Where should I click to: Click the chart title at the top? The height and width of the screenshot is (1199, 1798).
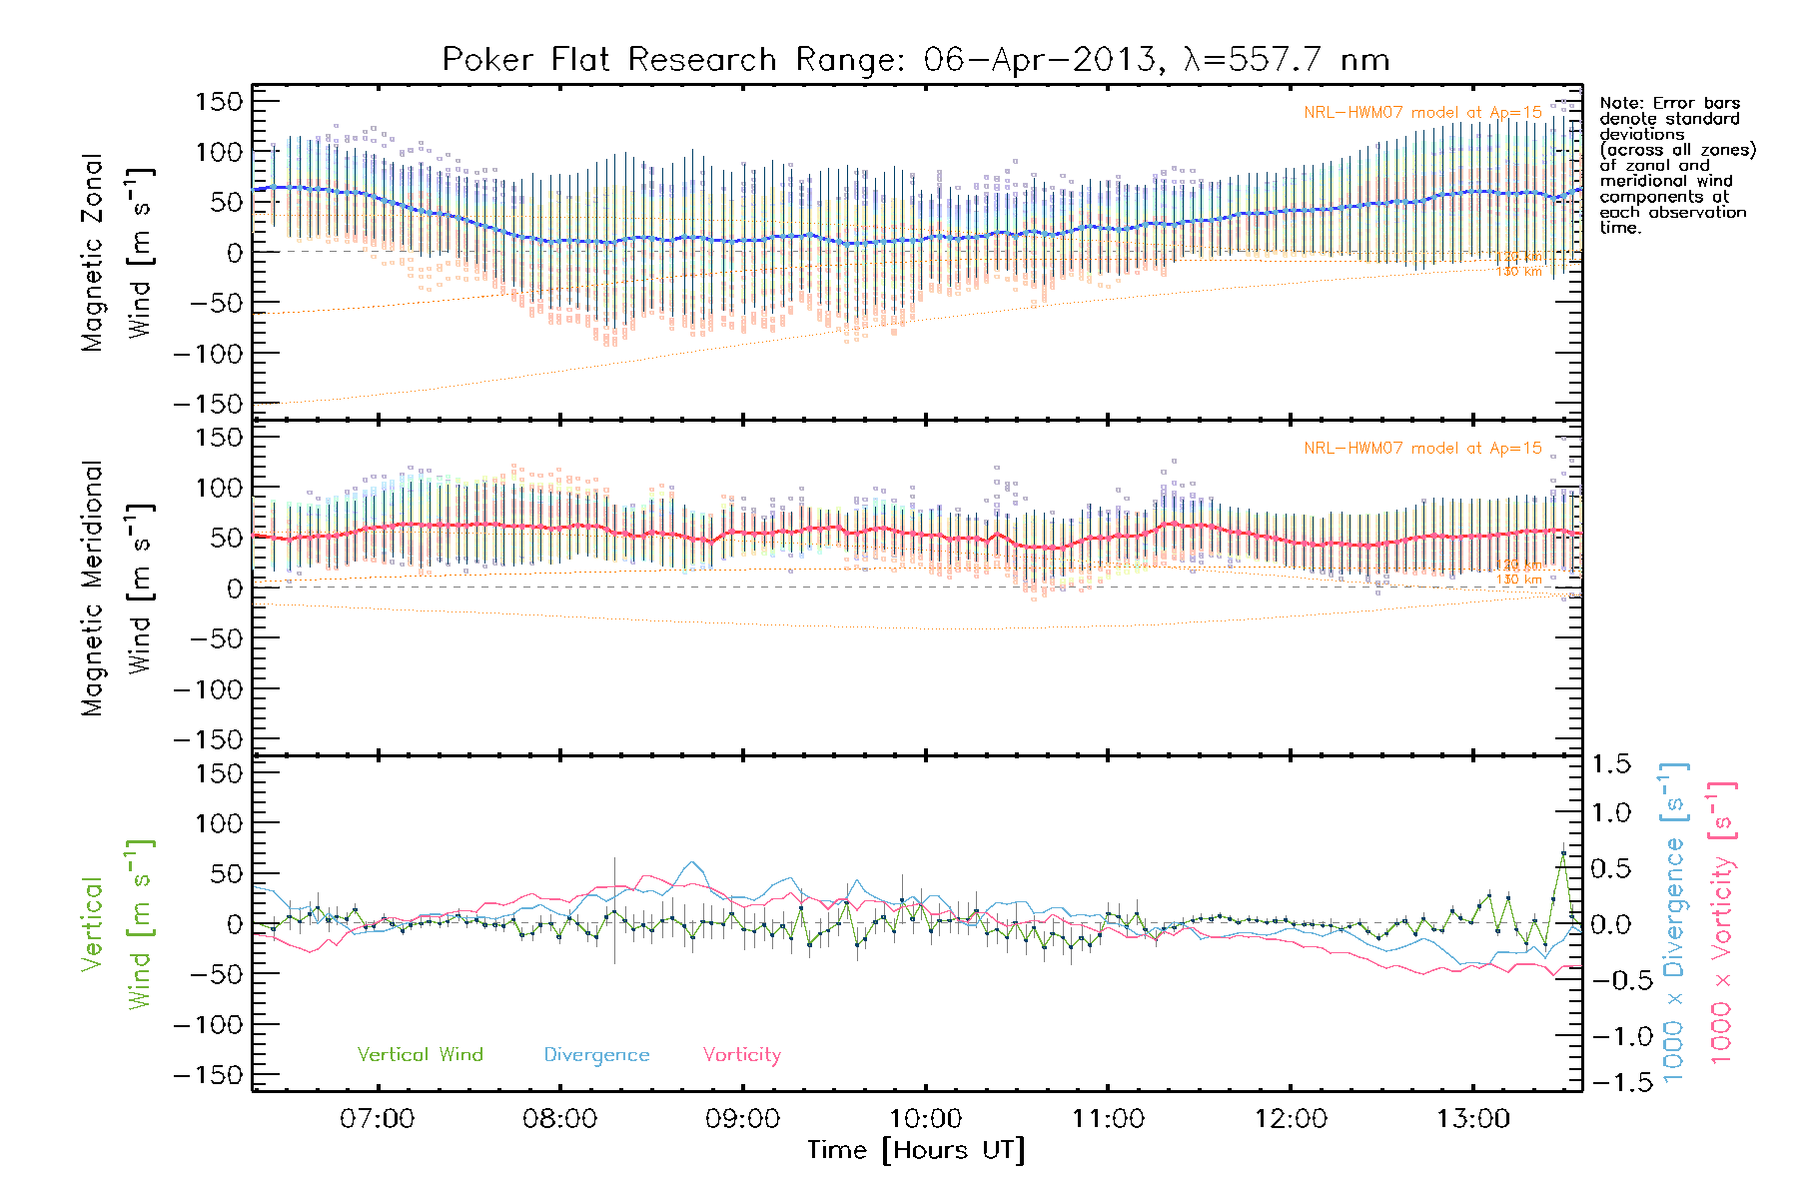(915, 60)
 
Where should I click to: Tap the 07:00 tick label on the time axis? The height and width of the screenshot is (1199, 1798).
(377, 1119)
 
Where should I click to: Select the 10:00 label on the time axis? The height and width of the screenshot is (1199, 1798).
(925, 1119)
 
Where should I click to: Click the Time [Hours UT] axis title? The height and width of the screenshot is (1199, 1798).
(915, 1150)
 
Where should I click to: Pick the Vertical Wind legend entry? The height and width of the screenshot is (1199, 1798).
(420, 1055)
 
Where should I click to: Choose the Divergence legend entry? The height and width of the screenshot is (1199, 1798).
(596, 1055)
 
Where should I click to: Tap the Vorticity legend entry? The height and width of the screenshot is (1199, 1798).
(741, 1055)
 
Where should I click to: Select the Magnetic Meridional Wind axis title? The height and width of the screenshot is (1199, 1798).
(117, 589)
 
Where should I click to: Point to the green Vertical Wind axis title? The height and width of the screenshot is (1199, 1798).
(117, 924)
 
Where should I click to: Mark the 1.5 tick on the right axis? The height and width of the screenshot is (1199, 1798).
(1610, 764)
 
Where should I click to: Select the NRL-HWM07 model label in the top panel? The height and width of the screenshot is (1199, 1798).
(1422, 113)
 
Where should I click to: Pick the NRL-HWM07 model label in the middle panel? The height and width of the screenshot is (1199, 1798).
(1422, 449)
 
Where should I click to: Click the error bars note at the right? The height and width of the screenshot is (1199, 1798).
(1676, 165)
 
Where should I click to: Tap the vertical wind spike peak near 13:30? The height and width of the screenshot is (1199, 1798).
(1563, 852)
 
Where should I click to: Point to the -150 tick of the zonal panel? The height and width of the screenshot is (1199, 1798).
(208, 405)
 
